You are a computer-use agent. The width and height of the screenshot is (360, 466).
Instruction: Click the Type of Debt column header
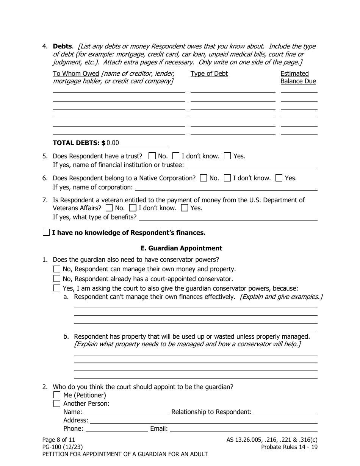pyautogui.click(x=209, y=73)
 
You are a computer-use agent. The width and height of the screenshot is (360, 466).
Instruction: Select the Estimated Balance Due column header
pyautogui.click(x=298, y=77)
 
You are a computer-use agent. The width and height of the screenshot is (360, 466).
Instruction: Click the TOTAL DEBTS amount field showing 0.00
pyautogui.click(x=137, y=143)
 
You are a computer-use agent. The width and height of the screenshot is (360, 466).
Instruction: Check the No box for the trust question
pyautogui.click(x=152, y=156)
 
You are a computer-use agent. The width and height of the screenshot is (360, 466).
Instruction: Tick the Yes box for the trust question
pyautogui.click(x=227, y=156)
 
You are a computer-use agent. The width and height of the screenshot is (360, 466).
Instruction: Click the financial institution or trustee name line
pyautogui.click(x=252, y=165)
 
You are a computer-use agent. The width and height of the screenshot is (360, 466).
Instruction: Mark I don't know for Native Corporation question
pyautogui.click(x=227, y=178)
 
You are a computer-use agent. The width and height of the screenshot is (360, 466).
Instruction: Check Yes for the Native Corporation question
pyautogui.click(x=279, y=178)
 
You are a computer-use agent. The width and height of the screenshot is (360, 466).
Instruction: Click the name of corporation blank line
pyautogui.click(x=226, y=187)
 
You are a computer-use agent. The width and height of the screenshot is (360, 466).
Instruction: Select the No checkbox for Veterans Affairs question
pyautogui.click(x=109, y=208)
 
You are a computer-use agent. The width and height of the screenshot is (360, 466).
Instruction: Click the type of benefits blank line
pyautogui.click(x=228, y=217)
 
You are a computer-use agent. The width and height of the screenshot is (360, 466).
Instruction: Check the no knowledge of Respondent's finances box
pyautogui.click(x=46, y=233)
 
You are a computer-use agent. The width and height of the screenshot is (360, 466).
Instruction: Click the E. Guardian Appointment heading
pyautogui.click(x=181, y=248)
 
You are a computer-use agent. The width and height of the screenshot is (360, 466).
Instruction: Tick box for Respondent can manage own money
pyautogui.click(x=57, y=269)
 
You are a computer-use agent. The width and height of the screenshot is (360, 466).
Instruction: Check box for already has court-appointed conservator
pyautogui.click(x=57, y=279)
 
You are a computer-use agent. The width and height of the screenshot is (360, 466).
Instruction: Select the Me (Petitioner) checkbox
pyautogui.click(x=57, y=395)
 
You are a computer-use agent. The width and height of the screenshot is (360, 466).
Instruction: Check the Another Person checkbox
pyautogui.click(x=57, y=403)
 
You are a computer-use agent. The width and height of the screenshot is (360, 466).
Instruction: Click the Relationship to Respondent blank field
pyautogui.click(x=285, y=412)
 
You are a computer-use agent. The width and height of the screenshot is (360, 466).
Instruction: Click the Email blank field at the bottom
pyautogui.click(x=243, y=428)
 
